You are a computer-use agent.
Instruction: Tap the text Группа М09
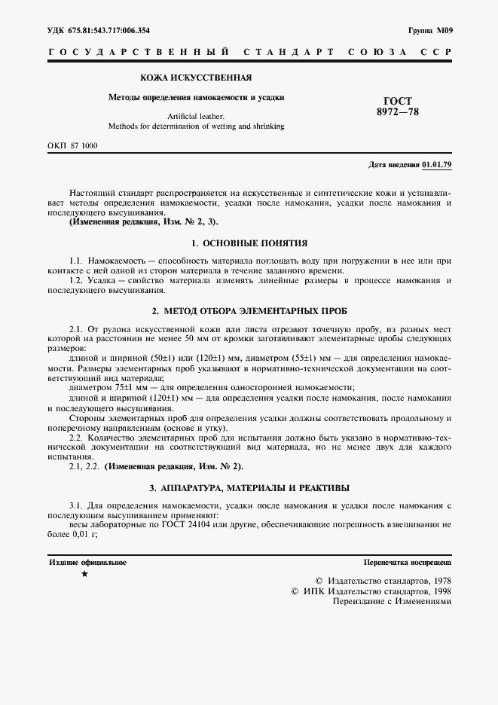(430, 30)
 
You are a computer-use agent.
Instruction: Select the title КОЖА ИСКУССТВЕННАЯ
(196, 78)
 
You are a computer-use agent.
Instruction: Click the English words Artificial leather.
(196, 116)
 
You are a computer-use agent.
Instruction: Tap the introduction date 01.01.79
(438, 163)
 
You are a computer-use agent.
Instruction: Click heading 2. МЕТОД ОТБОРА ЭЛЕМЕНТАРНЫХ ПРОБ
(249, 311)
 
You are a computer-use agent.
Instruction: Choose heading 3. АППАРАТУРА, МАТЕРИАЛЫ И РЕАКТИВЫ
(249, 488)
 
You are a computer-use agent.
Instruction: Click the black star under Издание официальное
(84, 574)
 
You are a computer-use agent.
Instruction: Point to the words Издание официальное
(88, 562)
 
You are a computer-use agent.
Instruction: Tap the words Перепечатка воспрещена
(407, 562)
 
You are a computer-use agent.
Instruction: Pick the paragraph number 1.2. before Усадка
(78, 280)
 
